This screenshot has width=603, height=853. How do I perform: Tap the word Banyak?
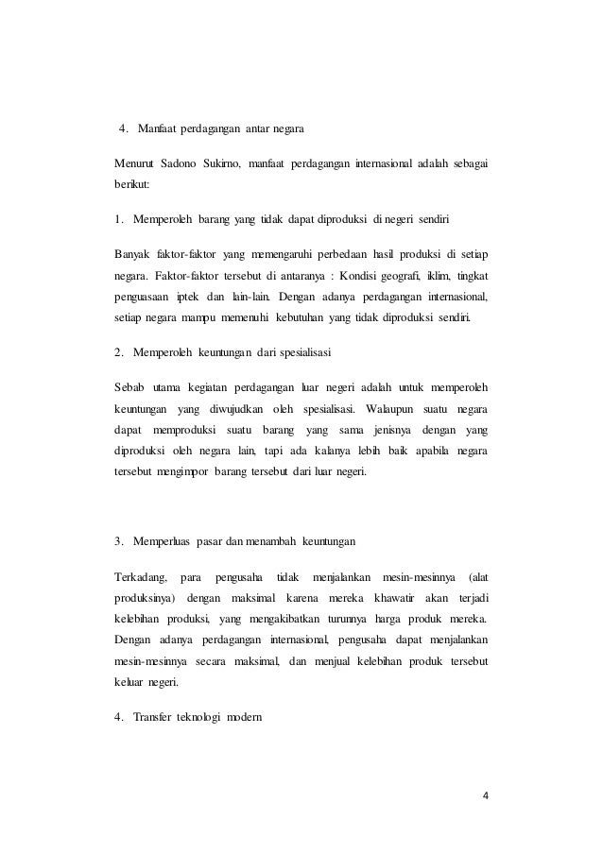tap(132, 255)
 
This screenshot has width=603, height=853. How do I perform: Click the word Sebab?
tap(129, 388)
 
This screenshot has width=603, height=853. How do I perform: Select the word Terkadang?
tap(140, 576)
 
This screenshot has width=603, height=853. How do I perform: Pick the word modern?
tap(248, 715)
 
